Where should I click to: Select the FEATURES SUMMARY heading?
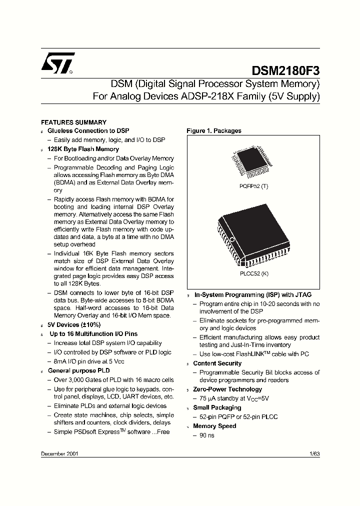click(73, 122)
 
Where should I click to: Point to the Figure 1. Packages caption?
click(214, 131)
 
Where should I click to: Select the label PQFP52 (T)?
click(250, 186)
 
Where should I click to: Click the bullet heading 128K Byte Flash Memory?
click(83, 149)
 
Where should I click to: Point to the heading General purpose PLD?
click(79, 370)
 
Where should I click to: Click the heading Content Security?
click(217, 363)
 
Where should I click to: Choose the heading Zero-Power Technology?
click(227, 389)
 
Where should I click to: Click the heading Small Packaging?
click(217, 407)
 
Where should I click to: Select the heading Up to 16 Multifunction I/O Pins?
click(93, 333)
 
